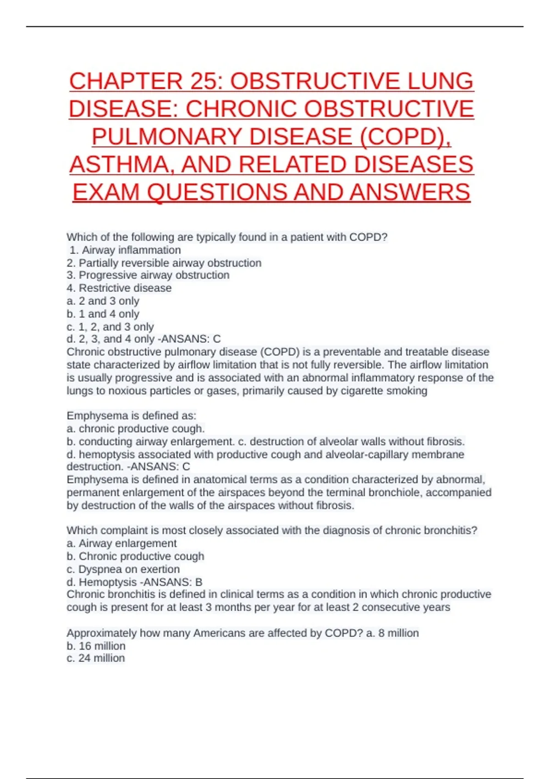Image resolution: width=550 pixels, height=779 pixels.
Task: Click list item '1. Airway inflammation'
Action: point(125,250)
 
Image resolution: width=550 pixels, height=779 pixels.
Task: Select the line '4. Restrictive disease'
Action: point(119,288)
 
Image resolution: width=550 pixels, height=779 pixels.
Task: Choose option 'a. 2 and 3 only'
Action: point(103,301)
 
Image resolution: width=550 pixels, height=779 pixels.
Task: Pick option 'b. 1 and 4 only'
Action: point(103,314)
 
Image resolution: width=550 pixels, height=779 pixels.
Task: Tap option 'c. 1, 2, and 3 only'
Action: point(110,327)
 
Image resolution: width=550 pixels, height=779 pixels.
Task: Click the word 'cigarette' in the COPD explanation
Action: point(362,391)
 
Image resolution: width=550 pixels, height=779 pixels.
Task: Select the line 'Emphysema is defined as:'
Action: point(132,416)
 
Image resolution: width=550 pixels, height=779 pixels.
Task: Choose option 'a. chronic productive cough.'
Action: point(136,428)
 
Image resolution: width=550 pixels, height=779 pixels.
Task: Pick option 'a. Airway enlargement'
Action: point(121,543)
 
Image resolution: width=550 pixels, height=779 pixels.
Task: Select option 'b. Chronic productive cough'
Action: point(135,556)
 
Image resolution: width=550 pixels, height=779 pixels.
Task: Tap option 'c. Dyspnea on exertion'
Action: point(123,569)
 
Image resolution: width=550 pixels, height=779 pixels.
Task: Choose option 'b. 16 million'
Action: point(96,646)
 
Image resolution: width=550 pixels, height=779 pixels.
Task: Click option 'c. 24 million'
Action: point(96,658)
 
